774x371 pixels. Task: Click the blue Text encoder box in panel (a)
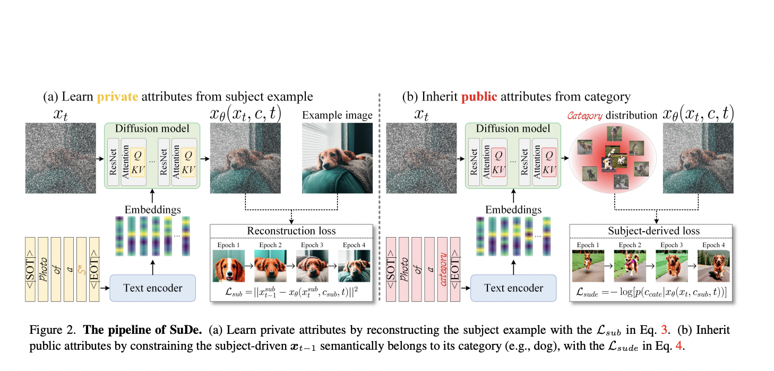(x=152, y=288)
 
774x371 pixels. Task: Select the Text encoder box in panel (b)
(x=513, y=288)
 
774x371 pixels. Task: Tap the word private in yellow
(x=117, y=97)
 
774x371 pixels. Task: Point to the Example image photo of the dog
(x=337, y=158)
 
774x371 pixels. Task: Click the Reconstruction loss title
(x=291, y=231)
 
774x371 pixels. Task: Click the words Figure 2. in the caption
(x=48, y=330)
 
